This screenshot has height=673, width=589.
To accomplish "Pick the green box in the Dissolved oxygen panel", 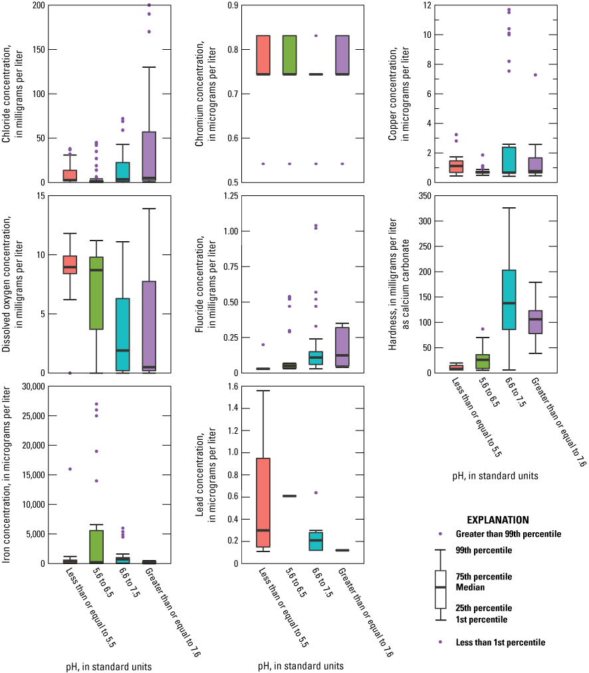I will point(96,293).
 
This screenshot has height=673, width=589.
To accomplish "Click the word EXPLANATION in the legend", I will point(498,520).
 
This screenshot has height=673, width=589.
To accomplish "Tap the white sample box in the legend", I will point(439,589).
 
